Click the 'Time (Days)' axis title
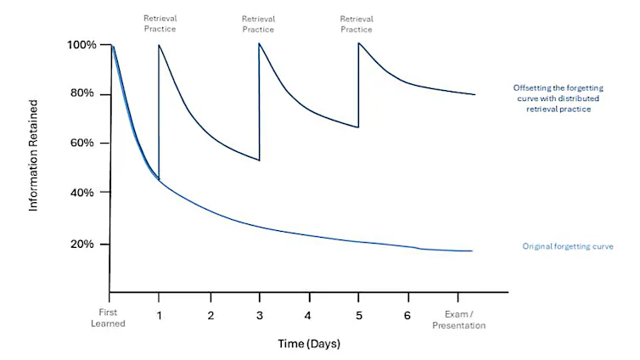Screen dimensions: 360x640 coord(308,344)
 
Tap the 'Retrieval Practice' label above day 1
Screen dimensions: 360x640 coord(160,24)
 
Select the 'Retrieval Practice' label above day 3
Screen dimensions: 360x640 coord(258,24)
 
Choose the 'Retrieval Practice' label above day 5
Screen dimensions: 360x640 coord(357,24)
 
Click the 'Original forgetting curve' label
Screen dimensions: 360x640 coord(567,247)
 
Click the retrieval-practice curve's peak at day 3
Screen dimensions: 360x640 coord(259,43)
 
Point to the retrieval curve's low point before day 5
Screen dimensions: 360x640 coord(357,127)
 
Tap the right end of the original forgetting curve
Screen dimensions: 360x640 coord(472,251)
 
